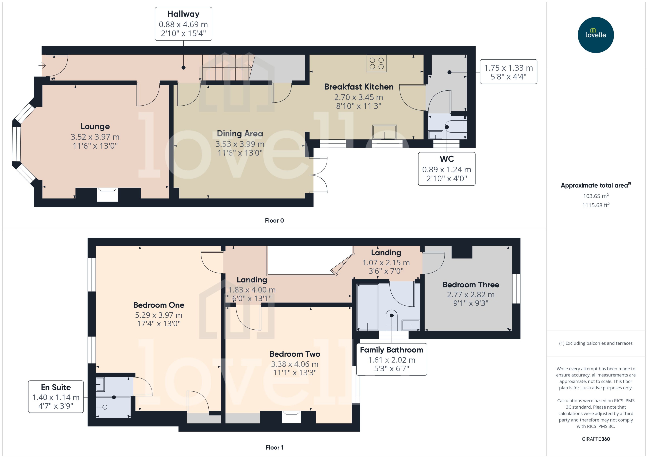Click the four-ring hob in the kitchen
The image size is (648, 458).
point(377,63)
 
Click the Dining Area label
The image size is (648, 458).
point(240,133)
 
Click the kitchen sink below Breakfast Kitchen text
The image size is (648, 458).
point(384,132)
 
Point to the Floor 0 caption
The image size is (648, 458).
point(274,221)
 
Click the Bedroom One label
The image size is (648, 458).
point(158,305)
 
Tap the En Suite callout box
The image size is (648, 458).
point(56,396)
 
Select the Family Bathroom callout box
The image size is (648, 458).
point(391,359)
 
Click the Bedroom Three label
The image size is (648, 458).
point(470,285)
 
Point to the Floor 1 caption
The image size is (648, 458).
point(274,447)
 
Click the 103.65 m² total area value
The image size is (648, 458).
point(595,196)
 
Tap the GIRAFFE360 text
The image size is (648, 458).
point(595,439)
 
